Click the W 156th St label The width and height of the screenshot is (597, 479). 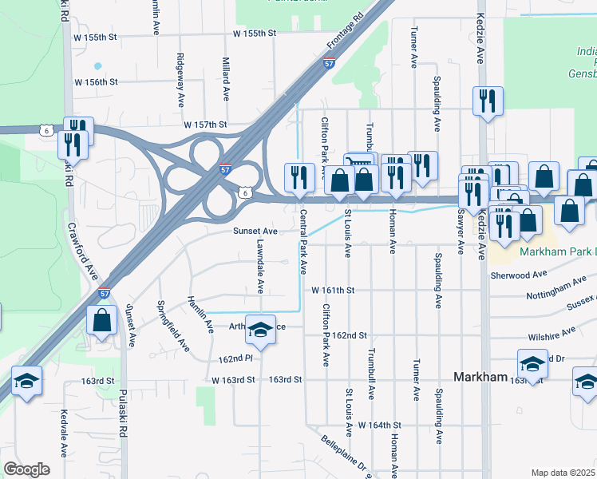coord(96,82)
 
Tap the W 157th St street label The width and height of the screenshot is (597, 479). coord(205,125)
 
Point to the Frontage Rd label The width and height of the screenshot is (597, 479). coord(344,31)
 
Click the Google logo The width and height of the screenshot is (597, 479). coord(26,469)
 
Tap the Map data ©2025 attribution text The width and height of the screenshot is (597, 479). coord(563,473)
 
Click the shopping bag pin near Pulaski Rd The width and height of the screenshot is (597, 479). coord(103,320)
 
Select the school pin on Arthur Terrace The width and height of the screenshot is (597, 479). coord(259,327)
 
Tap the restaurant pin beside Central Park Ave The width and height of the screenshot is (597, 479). coord(299,176)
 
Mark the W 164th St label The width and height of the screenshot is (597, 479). coord(379,425)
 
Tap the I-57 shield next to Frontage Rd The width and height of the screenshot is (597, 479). coord(329,63)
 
